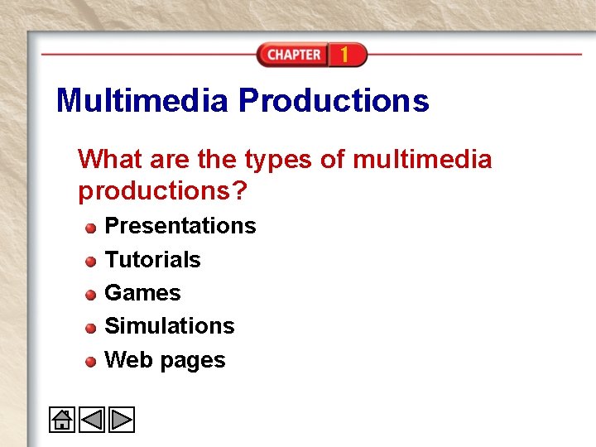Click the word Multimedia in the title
(x=142, y=101)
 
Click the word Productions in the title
(x=334, y=101)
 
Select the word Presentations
(x=180, y=226)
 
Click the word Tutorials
(x=152, y=260)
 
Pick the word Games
(x=142, y=293)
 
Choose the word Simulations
(x=170, y=326)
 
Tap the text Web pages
(x=165, y=360)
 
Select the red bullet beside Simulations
(x=90, y=328)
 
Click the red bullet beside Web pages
(x=90, y=362)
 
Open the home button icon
(x=61, y=421)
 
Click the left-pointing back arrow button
(x=91, y=421)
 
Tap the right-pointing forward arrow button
(x=121, y=421)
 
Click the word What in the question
(x=110, y=159)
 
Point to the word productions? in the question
(x=162, y=191)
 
